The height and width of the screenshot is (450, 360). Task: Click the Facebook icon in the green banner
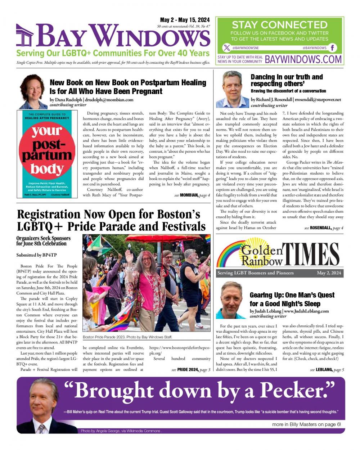point(332,48)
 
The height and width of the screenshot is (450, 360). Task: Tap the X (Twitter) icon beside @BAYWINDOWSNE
point(226,48)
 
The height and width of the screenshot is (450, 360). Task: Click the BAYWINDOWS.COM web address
point(303,59)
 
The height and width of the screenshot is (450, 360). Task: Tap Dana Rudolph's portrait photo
point(33,91)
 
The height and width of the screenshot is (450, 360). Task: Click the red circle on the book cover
point(47,152)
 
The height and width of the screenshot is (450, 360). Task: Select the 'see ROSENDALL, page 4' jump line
point(324,228)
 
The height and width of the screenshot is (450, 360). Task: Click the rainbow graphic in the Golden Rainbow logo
point(230,254)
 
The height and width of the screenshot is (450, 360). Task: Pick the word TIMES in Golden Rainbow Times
point(311,255)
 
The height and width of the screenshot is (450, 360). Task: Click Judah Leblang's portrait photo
point(231,300)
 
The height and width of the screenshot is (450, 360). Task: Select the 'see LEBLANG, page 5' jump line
point(327,370)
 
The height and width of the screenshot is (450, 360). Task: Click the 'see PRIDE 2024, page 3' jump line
point(190,370)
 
